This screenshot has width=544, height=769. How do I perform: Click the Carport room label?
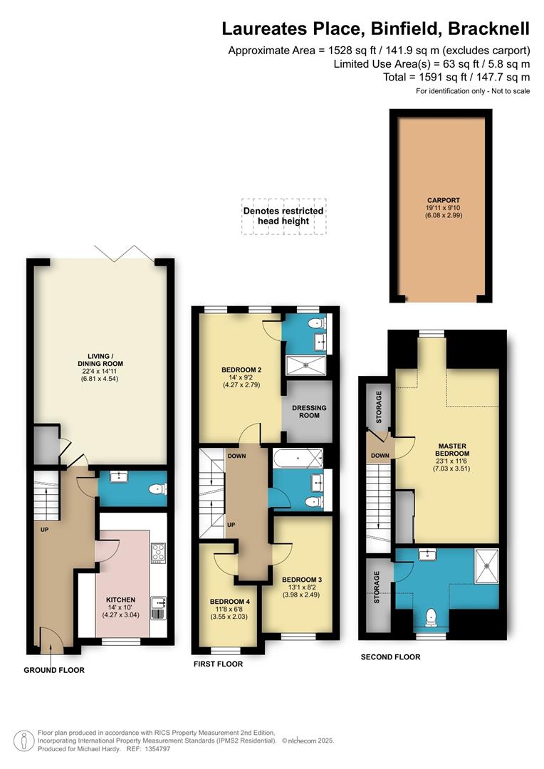(x=444, y=207)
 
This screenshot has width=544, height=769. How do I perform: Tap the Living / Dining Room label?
(x=100, y=367)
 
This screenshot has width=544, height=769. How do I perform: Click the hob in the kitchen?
(x=158, y=553)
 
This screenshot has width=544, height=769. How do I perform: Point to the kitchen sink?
(x=158, y=607)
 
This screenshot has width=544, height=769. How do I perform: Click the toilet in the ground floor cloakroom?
(x=158, y=489)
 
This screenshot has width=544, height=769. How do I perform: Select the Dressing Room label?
(x=309, y=412)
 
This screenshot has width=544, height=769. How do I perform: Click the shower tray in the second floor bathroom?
(x=486, y=566)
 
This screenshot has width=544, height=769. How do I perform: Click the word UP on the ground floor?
(x=45, y=530)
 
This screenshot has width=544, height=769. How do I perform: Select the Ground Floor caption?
(x=54, y=670)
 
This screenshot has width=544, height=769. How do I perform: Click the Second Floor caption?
(x=390, y=656)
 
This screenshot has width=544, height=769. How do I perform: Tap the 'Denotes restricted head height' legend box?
(x=283, y=216)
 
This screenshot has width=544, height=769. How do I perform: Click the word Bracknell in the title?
(x=488, y=28)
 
